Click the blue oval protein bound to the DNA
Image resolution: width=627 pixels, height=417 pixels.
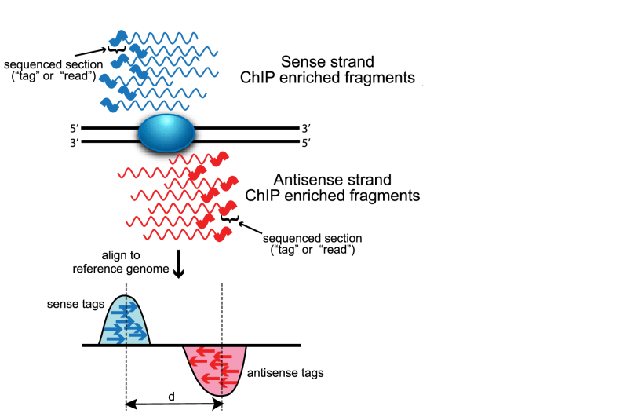[x=166, y=133]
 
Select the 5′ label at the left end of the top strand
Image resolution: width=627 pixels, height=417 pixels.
[x=73, y=127]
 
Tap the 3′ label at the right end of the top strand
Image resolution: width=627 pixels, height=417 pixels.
[x=306, y=127]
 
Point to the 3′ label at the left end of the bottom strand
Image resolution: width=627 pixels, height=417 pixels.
[x=73, y=142]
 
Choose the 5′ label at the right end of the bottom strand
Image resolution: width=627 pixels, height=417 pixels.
[x=306, y=142]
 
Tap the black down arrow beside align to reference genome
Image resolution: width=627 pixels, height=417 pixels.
[x=178, y=266]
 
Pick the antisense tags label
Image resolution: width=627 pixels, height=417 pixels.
[x=285, y=373]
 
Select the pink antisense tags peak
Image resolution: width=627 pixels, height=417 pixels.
[x=215, y=368]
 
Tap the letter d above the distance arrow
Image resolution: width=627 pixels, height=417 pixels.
[x=172, y=396]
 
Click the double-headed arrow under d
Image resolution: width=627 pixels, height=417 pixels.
[x=174, y=404]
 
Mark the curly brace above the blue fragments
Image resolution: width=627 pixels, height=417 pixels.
[x=117, y=50]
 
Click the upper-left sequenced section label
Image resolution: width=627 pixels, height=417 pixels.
[x=49, y=69]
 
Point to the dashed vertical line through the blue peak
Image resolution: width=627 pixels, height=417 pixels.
[x=126, y=369]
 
